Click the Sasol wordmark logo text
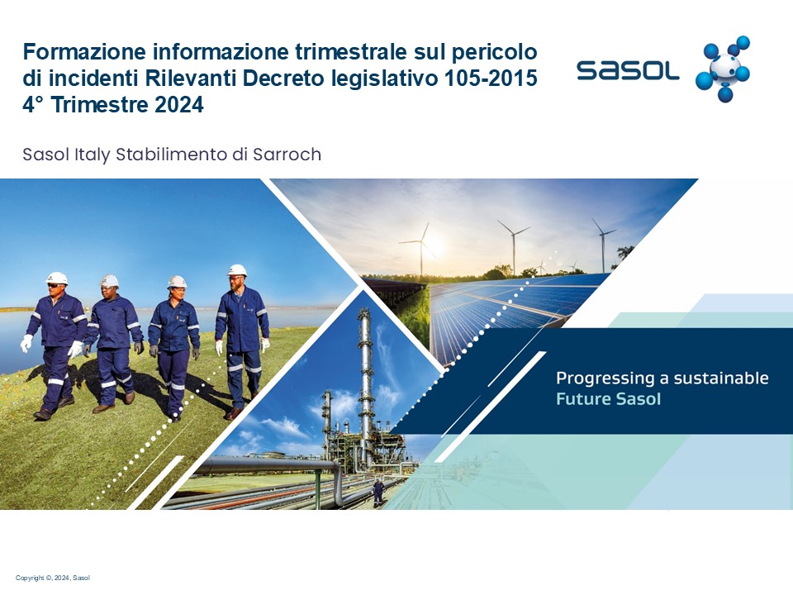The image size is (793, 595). (x=628, y=69)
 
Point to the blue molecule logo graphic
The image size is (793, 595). (x=723, y=69)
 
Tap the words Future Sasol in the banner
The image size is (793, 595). (x=609, y=398)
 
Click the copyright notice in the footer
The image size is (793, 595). (x=53, y=578)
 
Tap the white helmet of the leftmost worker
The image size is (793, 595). (x=57, y=278)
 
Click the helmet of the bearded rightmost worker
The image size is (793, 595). (x=237, y=270)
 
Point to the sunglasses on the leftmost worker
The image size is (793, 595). (x=55, y=286)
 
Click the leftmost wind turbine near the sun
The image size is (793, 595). (x=420, y=249)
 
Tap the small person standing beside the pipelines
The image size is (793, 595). (x=378, y=493)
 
